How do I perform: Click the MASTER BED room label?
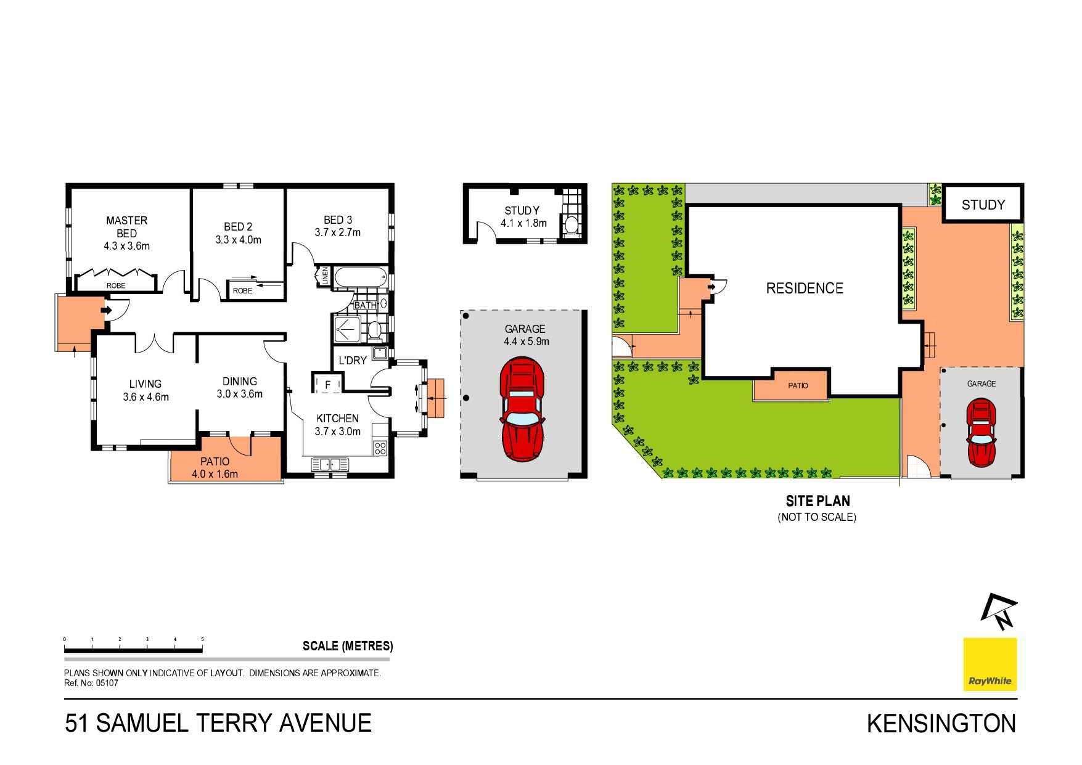126,227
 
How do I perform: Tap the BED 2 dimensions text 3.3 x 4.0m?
238,240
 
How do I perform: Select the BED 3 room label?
338,220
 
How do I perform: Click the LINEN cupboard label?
325,276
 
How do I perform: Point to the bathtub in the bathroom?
361,277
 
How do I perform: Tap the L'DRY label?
353,361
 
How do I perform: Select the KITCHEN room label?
337,419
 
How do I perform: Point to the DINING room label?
240,382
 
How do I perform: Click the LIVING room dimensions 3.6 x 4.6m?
145,397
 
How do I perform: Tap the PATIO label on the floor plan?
215,462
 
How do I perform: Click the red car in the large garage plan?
522,409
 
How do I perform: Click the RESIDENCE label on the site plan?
805,288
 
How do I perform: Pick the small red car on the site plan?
981,433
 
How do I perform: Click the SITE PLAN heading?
818,501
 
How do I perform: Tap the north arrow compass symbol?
999,612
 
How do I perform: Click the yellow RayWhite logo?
990,664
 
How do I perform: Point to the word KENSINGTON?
941,724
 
